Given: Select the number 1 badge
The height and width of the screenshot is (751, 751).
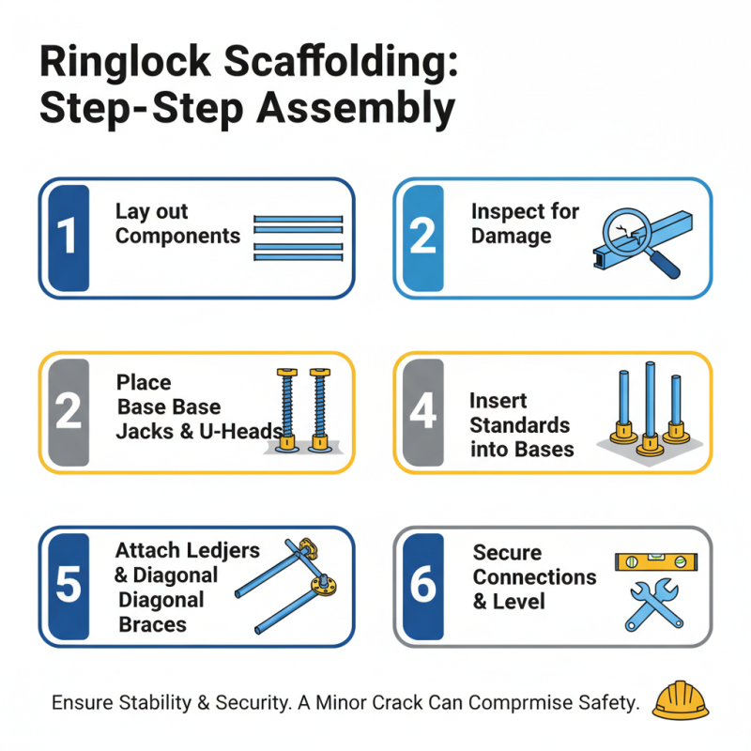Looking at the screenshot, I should click(x=68, y=238).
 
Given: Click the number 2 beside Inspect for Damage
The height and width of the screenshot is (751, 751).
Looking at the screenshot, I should click(x=422, y=238).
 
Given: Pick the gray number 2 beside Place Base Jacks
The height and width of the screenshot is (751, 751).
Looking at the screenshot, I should click(x=68, y=412).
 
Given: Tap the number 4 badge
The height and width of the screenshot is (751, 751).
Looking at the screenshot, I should click(x=422, y=412).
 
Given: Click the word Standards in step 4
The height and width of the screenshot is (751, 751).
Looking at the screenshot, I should click(x=519, y=425).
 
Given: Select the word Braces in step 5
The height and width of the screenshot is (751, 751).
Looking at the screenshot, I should click(x=153, y=624).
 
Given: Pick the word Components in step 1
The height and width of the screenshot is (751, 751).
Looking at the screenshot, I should click(x=177, y=236).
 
